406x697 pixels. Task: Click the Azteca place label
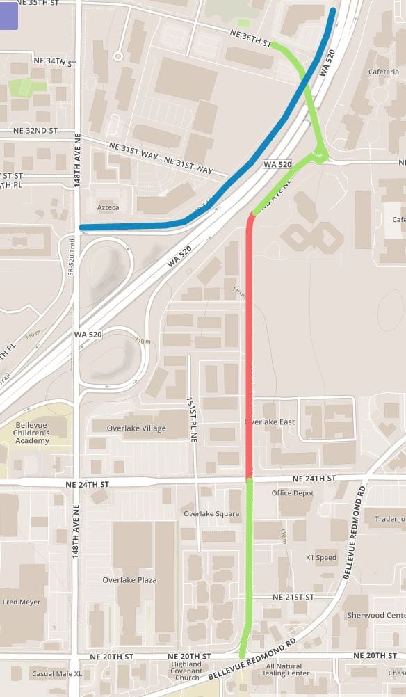(108, 207)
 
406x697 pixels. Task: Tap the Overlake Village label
(134, 428)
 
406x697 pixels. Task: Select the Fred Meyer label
(22, 602)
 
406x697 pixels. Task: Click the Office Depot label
(293, 493)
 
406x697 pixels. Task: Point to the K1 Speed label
(320, 558)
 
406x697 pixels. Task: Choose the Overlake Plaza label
(129, 580)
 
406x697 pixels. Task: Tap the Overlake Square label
(211, 514)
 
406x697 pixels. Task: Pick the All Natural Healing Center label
(285, 670)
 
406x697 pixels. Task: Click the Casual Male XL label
(56, 674)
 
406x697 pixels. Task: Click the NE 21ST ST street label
(293, 598)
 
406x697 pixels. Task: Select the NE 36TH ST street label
(250, 38)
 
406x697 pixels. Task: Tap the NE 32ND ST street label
(35, 131)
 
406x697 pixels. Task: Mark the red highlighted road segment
(249, 348)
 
